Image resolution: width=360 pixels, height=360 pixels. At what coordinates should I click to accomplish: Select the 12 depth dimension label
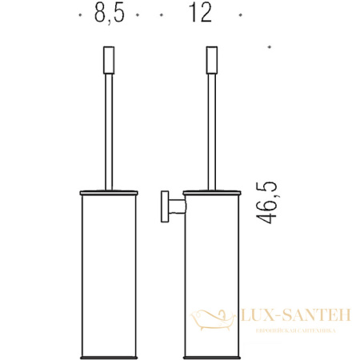201,15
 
